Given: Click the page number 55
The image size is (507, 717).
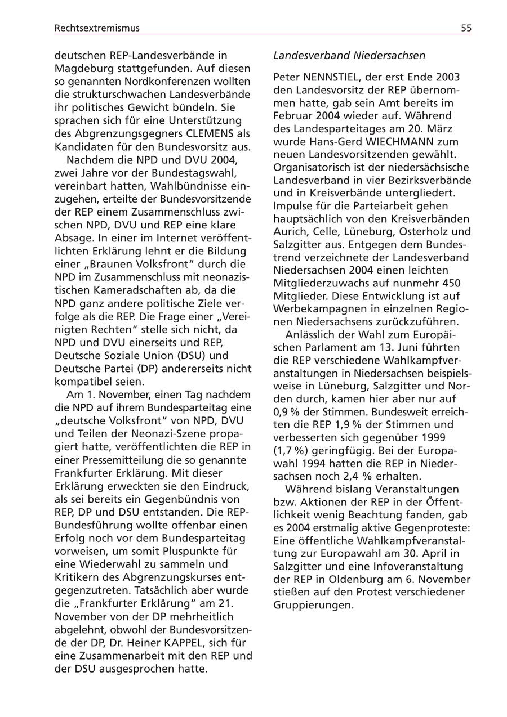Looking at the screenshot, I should [466, 28].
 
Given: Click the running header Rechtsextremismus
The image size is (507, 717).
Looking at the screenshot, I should [97, 28].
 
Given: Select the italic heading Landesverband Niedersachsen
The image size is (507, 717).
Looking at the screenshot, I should [349, 56].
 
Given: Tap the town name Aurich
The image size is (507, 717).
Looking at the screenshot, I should [289, 232].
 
